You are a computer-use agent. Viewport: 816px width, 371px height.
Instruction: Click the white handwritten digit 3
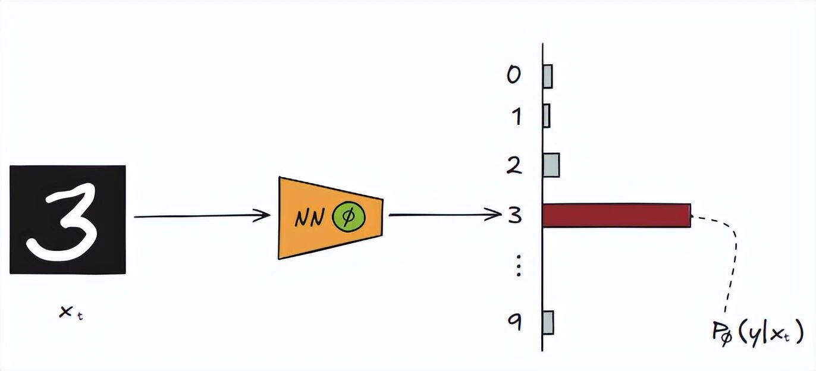coord(62,219)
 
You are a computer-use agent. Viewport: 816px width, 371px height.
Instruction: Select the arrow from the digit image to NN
coord(202,216)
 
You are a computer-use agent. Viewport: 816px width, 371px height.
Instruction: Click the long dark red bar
coord(616,215)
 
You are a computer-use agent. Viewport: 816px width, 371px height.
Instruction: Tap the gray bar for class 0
coord(547,76)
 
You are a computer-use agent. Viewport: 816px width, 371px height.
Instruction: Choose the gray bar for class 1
coord(546,115)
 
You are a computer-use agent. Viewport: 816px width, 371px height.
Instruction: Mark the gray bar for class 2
coord(551,165)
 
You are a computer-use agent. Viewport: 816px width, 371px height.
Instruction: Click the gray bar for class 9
coord(548,322)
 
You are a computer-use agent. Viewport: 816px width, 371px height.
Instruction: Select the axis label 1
coord(515,116)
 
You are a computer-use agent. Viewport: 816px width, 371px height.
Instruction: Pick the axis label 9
coord(515,322)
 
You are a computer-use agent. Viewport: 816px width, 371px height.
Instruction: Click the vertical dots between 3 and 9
coord(517,266)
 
